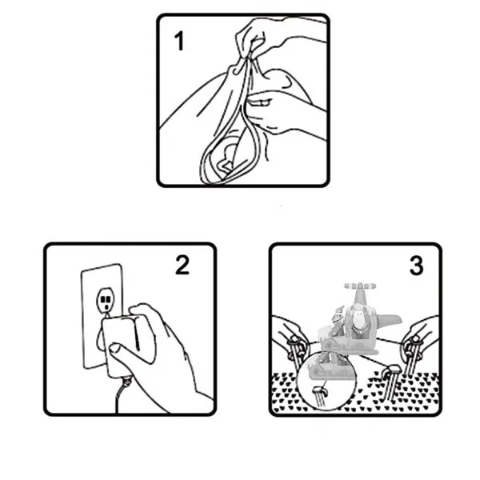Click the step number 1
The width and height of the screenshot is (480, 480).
pos(179,41)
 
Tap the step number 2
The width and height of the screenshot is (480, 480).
pos(182,265)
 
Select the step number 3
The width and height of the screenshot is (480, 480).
pos(416,266)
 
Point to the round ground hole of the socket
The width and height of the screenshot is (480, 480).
pos(106,306)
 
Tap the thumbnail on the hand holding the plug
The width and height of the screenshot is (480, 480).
pos(115,348)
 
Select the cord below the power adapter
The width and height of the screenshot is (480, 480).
pos(120,395)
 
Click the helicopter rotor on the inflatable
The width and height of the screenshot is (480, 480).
pos(360,286)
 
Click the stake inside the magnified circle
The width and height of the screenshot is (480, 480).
pos(320,397)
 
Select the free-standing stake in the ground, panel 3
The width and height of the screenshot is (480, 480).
pos(390,382)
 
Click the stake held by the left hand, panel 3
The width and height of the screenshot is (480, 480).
pos(296,352)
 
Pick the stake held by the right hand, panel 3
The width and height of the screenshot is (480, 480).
pos(412,355)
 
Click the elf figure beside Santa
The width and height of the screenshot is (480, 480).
pos(336,325)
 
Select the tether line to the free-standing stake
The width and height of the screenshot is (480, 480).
pos(374,362)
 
